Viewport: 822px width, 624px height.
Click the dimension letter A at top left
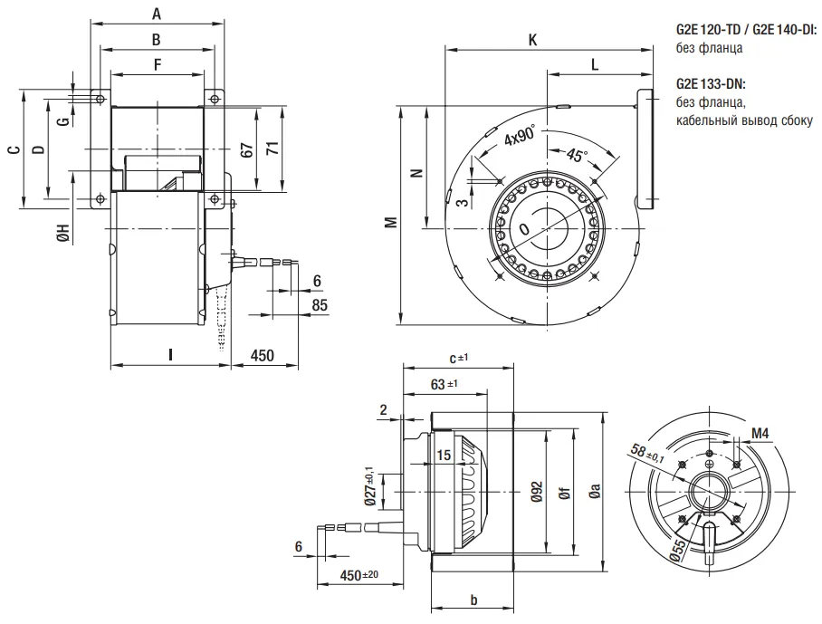point(157,14)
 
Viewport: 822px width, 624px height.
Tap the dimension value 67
point(246,150)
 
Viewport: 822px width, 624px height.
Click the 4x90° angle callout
point(521,137)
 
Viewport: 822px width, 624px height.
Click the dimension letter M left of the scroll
point(389,222)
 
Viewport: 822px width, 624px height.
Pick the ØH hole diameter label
point(62,234)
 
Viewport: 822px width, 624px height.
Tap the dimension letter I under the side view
point(169,355)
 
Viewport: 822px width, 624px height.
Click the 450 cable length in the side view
point(262,355)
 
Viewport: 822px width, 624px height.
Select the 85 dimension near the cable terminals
point(319,305)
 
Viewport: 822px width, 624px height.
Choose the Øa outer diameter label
point(595,492)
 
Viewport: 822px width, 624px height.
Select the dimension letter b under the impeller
point(473,600)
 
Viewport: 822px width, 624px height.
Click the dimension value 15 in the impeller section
point(444,455)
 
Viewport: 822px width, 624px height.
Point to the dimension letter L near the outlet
point(594,64)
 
